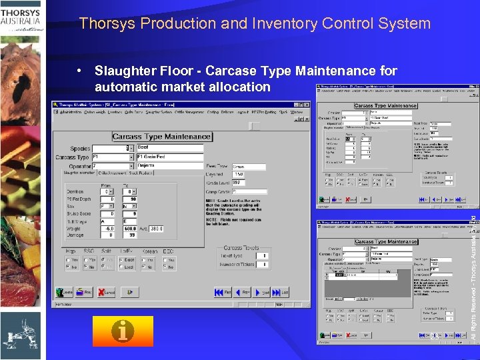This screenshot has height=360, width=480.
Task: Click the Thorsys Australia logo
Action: [x=22, y=20]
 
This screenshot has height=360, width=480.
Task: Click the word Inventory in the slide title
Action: [x=283, y=24]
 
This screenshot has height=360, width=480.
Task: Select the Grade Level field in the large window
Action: [x=236, y=182]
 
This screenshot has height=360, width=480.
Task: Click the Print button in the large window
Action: [x=85, y=292]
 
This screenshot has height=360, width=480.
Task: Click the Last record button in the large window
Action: [x=283, y=292]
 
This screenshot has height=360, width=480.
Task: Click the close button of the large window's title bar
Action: [x=307, y=105]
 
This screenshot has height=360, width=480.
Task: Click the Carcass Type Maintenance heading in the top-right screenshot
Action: [x=386, y=105]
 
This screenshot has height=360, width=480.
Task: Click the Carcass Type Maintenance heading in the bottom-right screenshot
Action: [x=386, y=241]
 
